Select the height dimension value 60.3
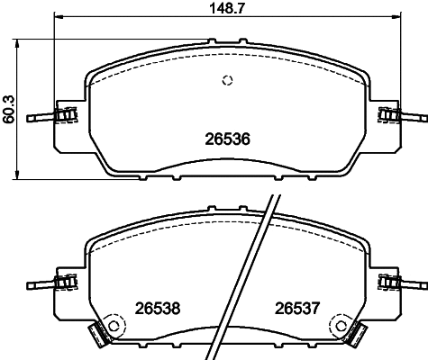point(7,109)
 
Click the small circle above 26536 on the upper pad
point(227,81)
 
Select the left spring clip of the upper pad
point(63,115)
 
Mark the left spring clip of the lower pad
point(63,283)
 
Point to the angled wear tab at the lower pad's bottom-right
point(359,338)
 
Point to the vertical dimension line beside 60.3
point(20,109)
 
